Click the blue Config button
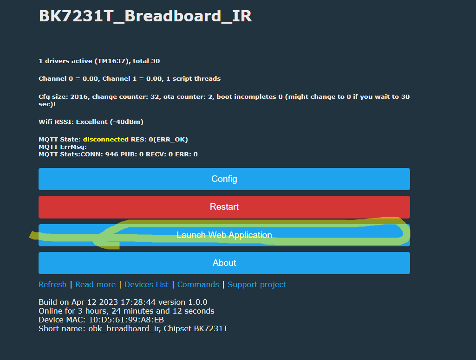click(x=224, y=179)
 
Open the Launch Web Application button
click(x=224, y=235)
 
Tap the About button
click(x=224, y=263)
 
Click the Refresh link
click(x=52, y=284)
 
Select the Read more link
click(x=95, y=284)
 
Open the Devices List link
click(x=146, y=284)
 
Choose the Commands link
click(x=198, y=284)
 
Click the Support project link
click(x=257, y=284)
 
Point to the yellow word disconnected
click(x=105, y=139)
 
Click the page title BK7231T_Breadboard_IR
click(x=145, y=16)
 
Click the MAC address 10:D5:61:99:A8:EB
click(x=126, y=320)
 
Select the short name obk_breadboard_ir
click(x=124, y=328)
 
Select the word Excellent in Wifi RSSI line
click(x=91, y=122)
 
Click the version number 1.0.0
click(x=198, y=302)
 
